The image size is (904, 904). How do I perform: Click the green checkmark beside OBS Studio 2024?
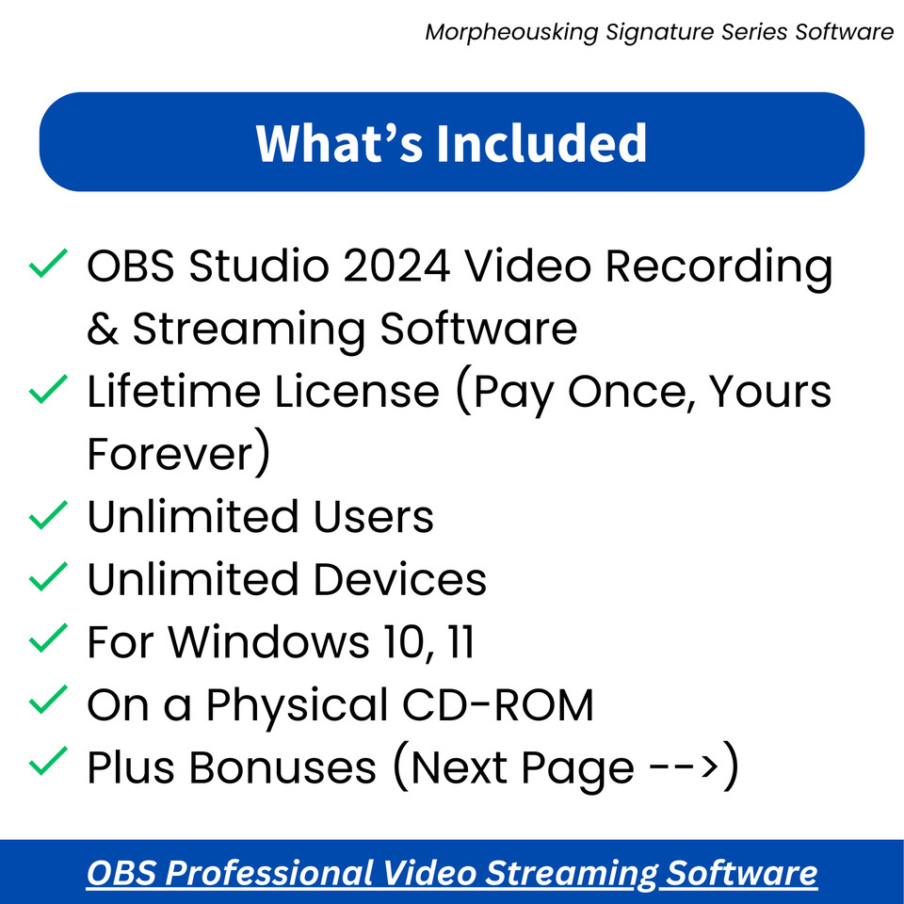47,264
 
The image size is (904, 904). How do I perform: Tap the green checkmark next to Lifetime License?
47,389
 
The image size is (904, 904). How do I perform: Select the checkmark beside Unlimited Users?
47,514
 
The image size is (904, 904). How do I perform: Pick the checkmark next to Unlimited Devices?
47,576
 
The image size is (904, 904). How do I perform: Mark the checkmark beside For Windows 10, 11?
47,639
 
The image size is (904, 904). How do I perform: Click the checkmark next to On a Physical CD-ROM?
47,702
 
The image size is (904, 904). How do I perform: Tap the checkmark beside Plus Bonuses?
47,764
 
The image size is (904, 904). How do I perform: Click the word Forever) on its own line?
179,454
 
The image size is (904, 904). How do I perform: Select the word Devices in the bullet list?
400,579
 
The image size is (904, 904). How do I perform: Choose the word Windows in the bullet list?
268,642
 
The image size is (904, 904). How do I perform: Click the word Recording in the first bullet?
718,268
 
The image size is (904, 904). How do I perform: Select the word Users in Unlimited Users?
374,517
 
